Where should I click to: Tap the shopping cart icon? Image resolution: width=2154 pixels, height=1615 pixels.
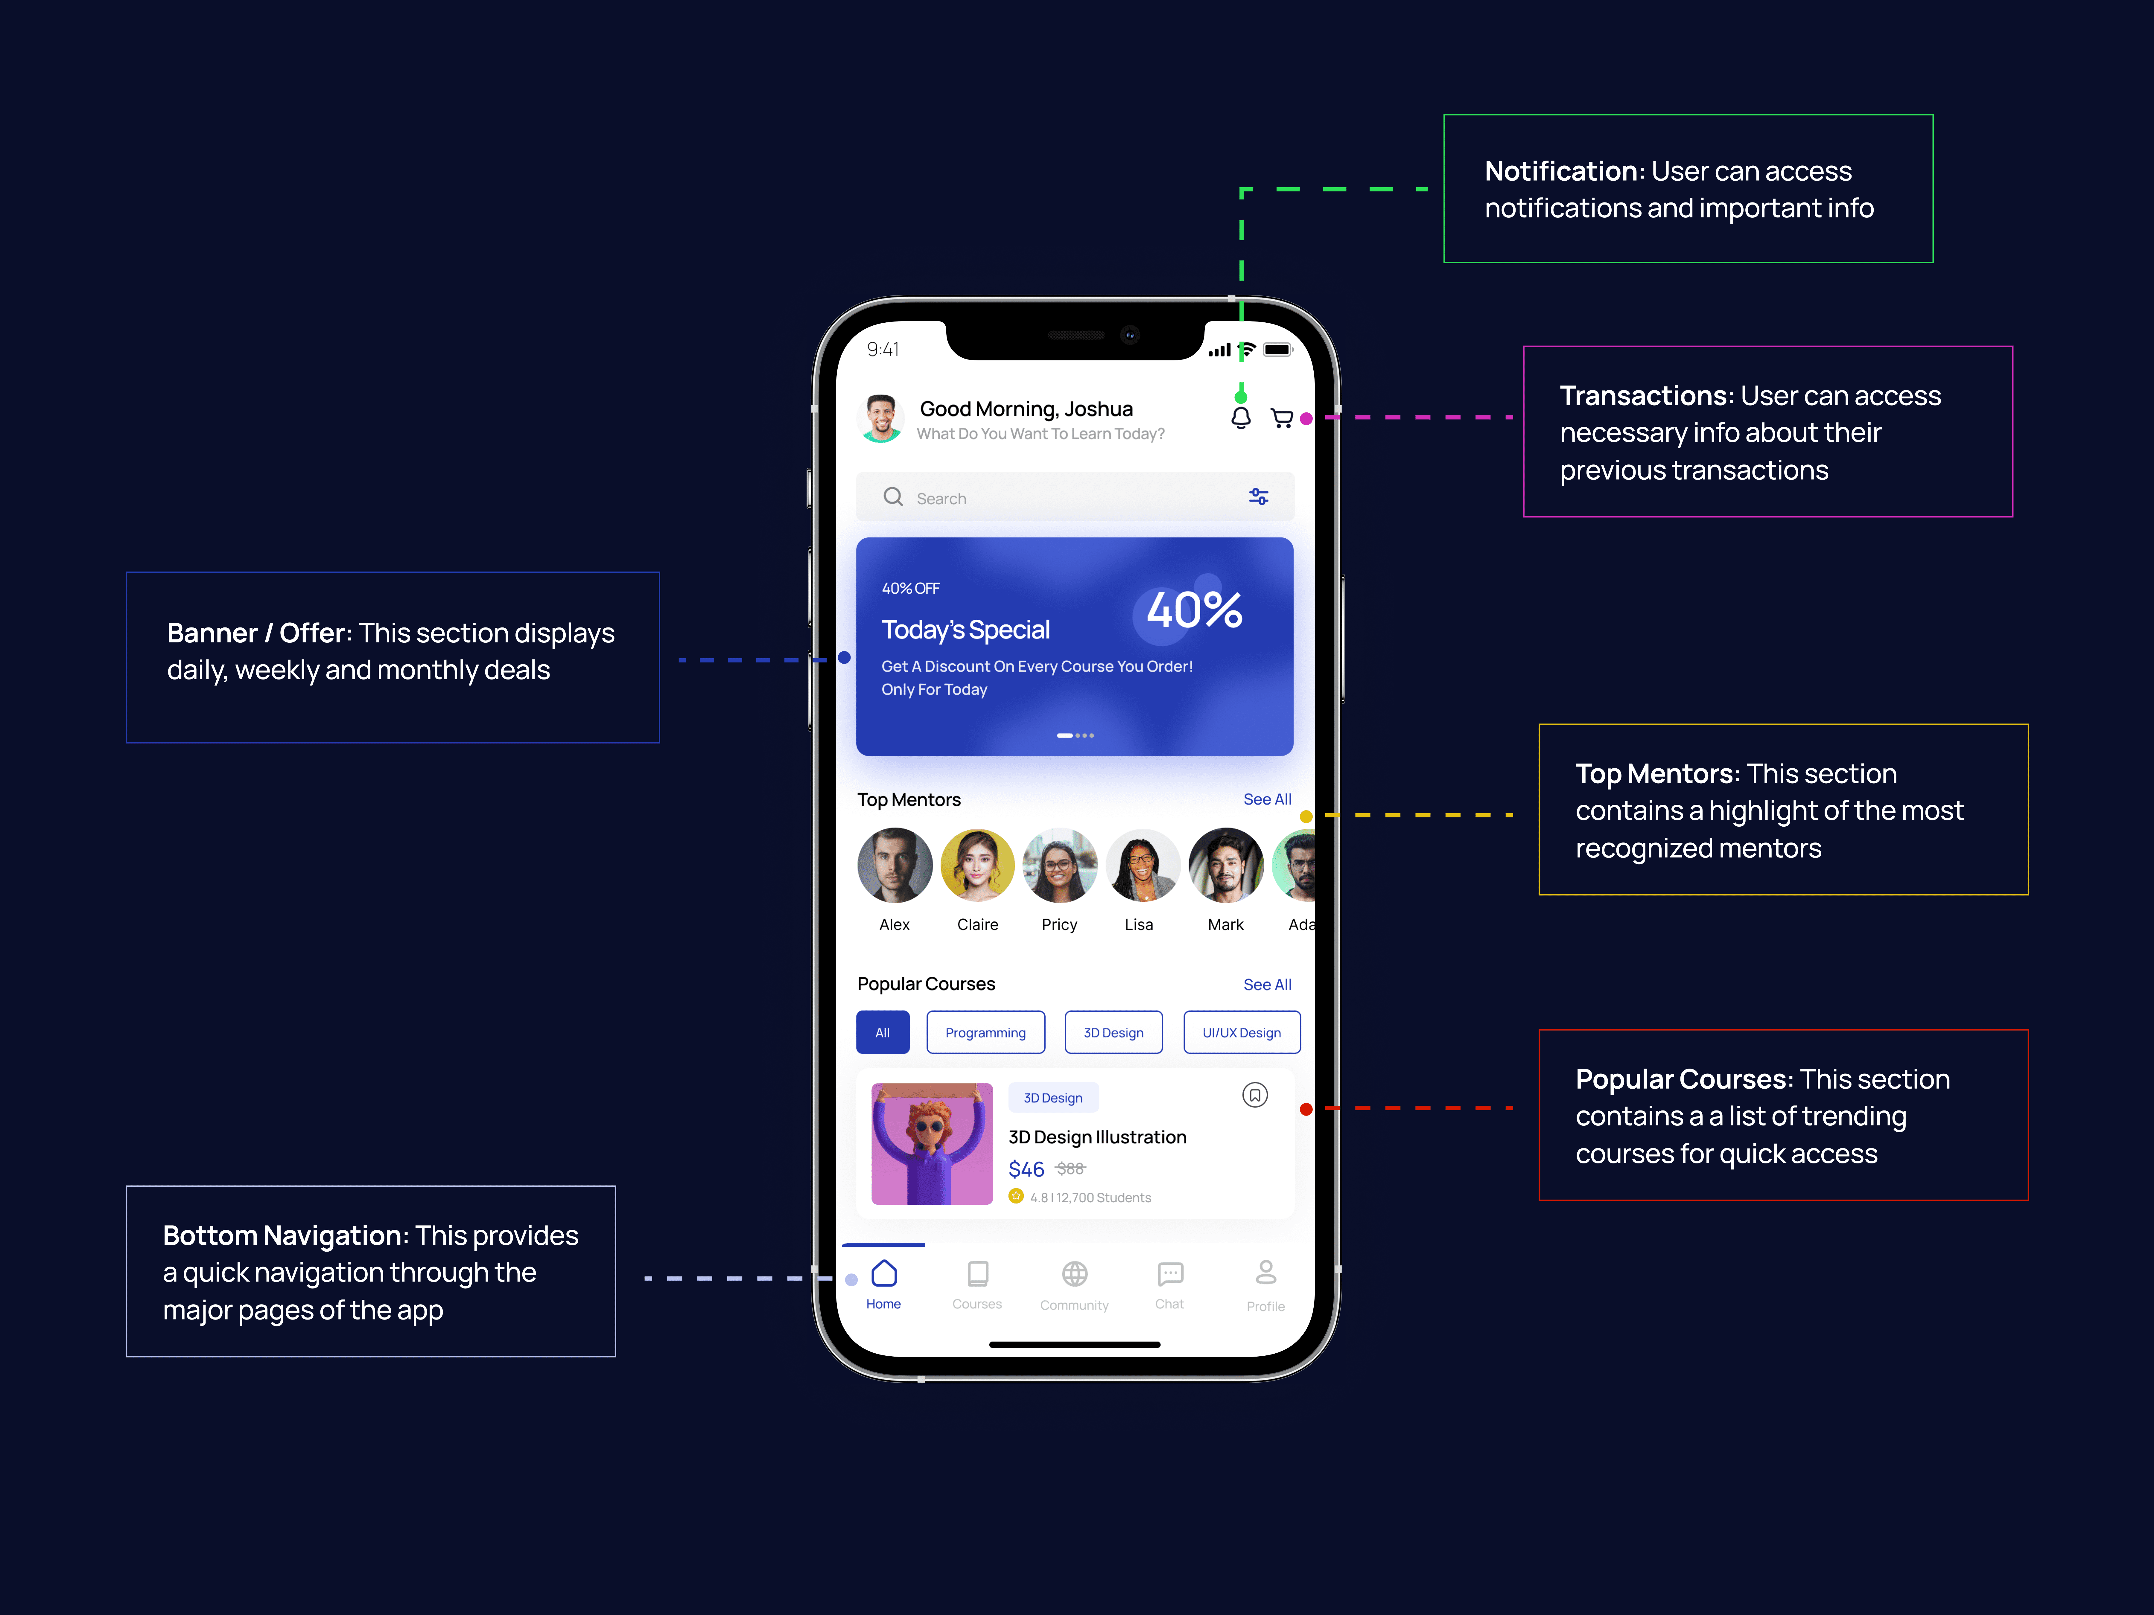coord(1282,419)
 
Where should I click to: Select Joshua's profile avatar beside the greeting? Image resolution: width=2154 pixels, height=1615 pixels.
coord(881,419)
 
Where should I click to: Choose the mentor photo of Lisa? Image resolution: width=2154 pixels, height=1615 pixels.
coord(1141,866)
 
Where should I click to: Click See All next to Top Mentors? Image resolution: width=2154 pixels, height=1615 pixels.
coord(1267,799)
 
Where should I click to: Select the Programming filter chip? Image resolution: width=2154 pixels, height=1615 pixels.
coord(985,1033)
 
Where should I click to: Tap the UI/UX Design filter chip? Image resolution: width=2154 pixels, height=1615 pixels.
coord(1242,1033)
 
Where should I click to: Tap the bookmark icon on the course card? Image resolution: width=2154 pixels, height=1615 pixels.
coord(1255,1095)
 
